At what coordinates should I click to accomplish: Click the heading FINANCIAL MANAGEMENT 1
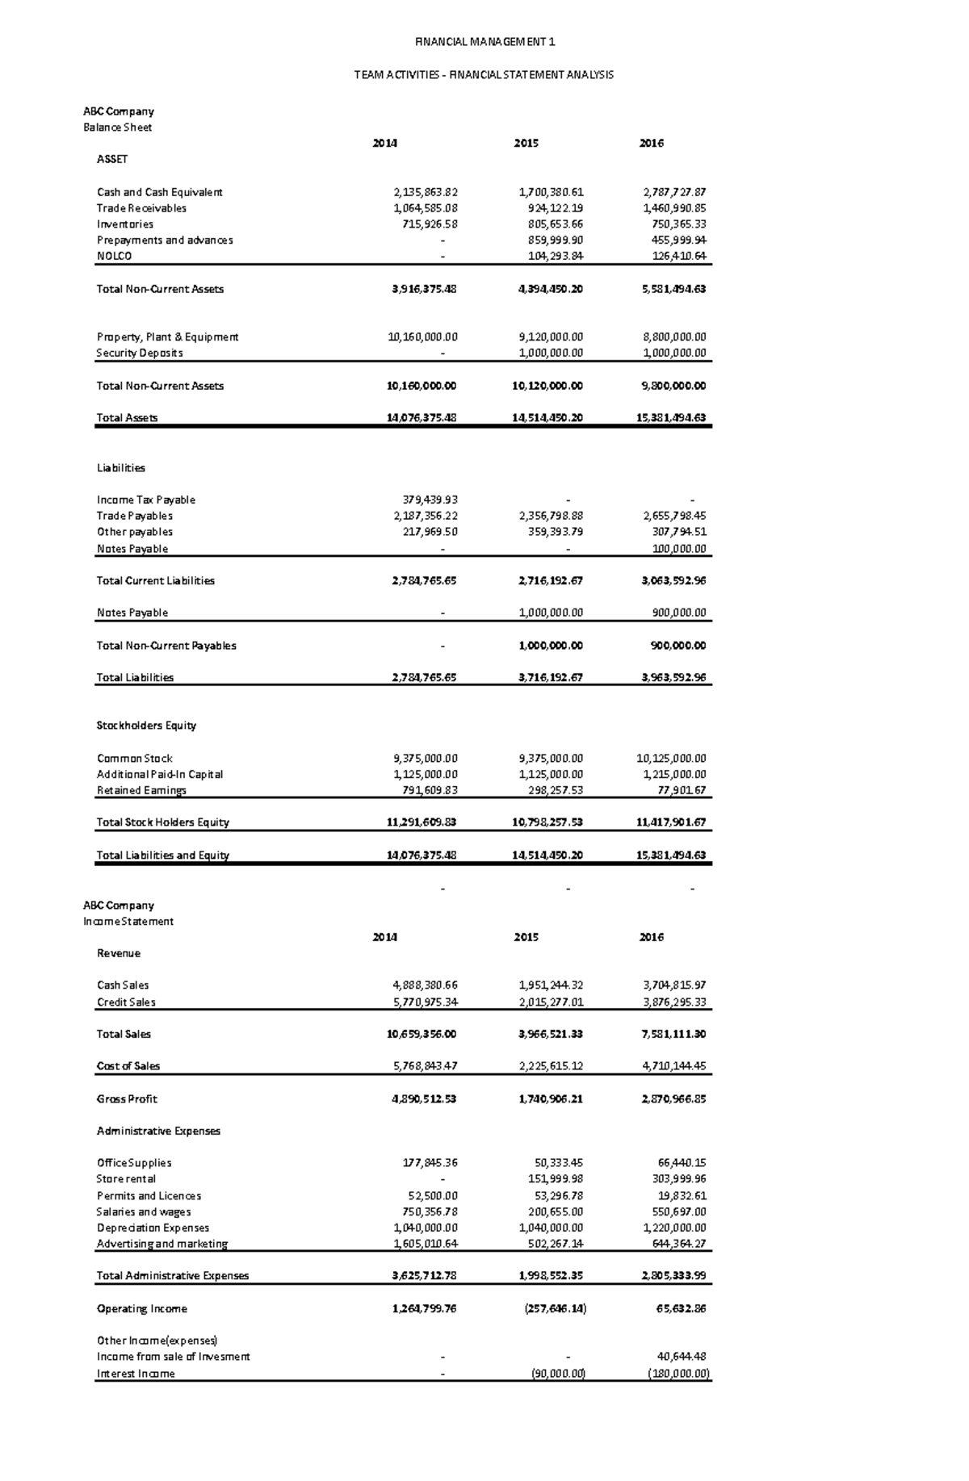click(x=484, y=42)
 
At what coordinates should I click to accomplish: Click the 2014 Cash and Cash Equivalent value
click(x=426, y=192)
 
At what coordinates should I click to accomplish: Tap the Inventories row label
click(x=125, y=224)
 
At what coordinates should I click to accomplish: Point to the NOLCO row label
click(x=114, y=256)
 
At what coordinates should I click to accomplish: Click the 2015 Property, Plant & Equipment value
click(x=551, y=337)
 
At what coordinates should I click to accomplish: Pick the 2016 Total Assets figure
click(x=671, y=418)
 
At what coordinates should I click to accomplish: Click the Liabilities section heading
click(x=121, y=468)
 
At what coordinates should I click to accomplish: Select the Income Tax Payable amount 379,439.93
click(x=430, y=500)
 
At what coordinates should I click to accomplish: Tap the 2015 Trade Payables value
click(x=551, y=516)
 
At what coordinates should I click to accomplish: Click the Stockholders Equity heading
click(x=146, y=726)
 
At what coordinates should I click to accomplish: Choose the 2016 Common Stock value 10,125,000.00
click(x=671, y=759)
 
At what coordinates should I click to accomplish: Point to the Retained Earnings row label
click(x=141, y=790)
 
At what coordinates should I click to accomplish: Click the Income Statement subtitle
click(x=128, y=922)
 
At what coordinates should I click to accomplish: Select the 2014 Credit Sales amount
click(x=426, y=1002)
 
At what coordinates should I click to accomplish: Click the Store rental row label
click(x=126, y=1179)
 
